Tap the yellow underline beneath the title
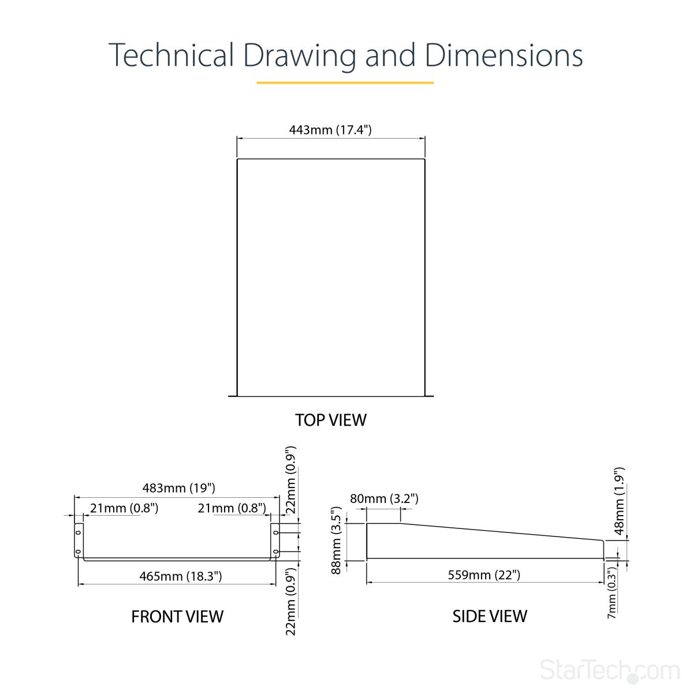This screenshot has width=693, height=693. click(345, 83)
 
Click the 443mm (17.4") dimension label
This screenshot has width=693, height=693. click(330, 129)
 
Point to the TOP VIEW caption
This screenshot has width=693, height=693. click(331, 420)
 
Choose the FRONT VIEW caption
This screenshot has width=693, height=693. click(177, 616)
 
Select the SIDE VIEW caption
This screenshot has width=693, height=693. click(490, 616)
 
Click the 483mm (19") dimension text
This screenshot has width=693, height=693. click(178, 488)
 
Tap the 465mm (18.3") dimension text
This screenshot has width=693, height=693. click(181, 576)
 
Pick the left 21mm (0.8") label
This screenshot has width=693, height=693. click(124, 508)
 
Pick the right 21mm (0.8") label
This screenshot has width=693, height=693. click(232, 508)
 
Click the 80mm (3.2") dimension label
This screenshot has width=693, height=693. click(384, 499)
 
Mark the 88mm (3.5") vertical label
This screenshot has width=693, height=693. click(336, 540)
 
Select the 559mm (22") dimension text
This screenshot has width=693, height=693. click(484, 575)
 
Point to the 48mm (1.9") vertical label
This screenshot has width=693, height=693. click(619, 501)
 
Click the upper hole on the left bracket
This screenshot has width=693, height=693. click(78, 532)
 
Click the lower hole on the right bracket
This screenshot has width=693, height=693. click(275, 552)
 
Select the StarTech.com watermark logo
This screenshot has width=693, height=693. click(610, 670)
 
